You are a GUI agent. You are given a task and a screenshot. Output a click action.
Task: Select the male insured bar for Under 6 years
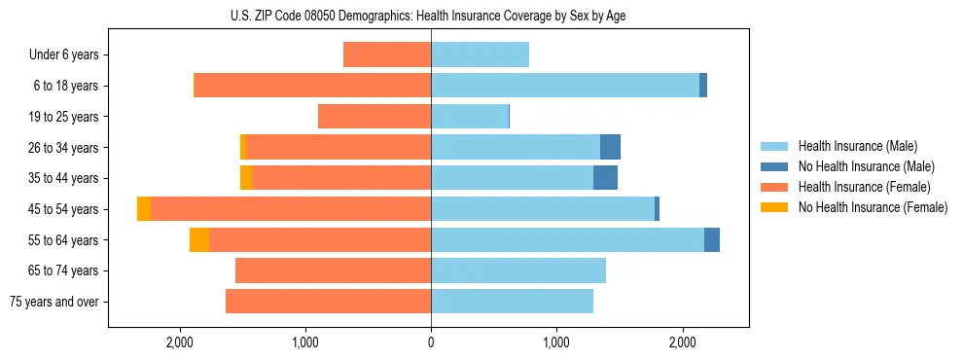(480, 54)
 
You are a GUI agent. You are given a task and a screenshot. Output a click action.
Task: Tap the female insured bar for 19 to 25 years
(374, 117)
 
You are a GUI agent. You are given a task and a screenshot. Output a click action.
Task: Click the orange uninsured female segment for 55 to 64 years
(199, 240)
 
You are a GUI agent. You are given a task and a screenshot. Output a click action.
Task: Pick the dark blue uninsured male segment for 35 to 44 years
(605, 178)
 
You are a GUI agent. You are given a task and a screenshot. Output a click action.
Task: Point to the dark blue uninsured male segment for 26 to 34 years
(610, 147)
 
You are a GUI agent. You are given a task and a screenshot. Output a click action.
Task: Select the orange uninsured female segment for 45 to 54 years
(144, 209)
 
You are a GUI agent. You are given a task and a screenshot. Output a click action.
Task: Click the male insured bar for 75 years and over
(512, 302)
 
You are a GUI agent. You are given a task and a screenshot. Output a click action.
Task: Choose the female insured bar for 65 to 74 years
(333, 270)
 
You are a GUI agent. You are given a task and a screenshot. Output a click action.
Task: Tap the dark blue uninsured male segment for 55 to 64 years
(712, 240)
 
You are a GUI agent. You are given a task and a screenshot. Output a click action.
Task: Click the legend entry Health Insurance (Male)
(857, 146)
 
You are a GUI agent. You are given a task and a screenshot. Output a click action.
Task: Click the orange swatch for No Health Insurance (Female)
(774, 207)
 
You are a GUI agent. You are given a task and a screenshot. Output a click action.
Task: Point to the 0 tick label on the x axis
(431, 342)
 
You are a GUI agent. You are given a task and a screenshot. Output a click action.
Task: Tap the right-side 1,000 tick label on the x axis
(556, 342)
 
